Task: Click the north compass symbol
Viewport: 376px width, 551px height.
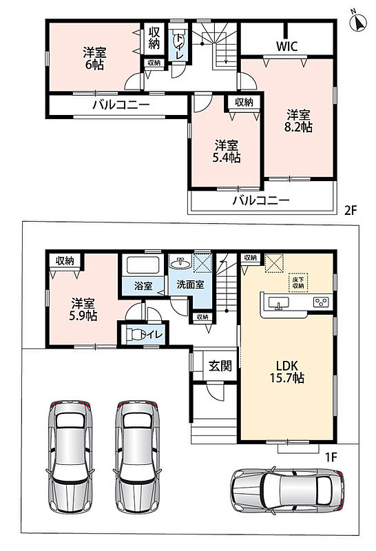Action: pyautogui.click(x=358, y=22)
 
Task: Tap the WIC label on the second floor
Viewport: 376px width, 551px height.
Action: pyautogui.click(x=286, y=46)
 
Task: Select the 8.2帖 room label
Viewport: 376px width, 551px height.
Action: pyautogui.click(x=298, y=121)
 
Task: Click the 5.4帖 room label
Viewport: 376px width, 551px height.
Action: pyautogui.click(x=227, y=152)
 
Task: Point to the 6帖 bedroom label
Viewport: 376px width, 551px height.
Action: pyautogui.click(x=94, y=59)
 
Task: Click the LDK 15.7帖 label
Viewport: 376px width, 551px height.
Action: pyautogui.click(x=286, y=371)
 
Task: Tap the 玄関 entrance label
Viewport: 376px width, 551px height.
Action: pyautogui.click(x=220, y=366)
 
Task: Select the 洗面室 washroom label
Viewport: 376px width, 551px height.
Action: pyautogui.click(x=190, y=284)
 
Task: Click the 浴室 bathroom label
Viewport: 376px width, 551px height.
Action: pyautogui.click(x=143, y=286)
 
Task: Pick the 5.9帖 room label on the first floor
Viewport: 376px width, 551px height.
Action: pyautogui.click(x=83, y=309)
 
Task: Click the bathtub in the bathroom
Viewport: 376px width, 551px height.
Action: pyautogui.click(x=143, y=265)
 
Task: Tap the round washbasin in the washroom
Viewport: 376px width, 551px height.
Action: pyautogui.click(x=180, y=262)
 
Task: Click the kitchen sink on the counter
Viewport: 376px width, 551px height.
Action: pyautogui.click(x=279, y=303)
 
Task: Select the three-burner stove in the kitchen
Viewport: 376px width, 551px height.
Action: pyautogui.click(x=321, y=302)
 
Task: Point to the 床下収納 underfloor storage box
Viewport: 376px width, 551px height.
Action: pyautogui.click(x=298, y=282)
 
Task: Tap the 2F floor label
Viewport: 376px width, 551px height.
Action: pyautogui.click(x=351, y=211)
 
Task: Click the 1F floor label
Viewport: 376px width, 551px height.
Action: pyautogui.click(x=331, y=457)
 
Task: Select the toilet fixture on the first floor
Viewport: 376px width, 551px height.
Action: pyautogui.click(x=135, y=334)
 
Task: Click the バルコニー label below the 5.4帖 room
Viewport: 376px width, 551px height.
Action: pyautogui.click(x=261, y=200)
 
